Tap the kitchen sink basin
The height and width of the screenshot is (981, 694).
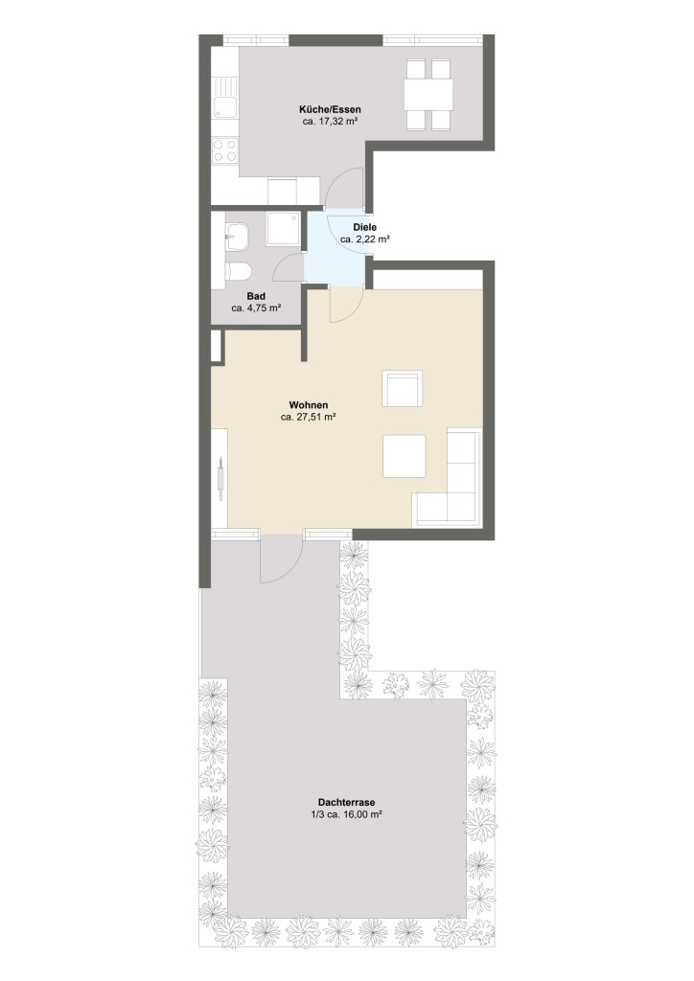(x=226, y=108)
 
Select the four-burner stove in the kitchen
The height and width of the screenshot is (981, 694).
(x=225, y=150)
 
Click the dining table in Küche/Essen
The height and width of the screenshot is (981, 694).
(x=428, y=94)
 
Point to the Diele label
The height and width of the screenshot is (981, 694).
(x=364, y=227)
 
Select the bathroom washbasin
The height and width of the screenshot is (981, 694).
(x=237, y=232)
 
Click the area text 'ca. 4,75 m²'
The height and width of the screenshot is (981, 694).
(x=256, y=308)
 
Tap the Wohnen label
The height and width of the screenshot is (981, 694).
(x=307, y=405)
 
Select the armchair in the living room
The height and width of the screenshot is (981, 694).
(x=402, y=389)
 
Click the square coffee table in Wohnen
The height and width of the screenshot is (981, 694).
(x=405, y=456)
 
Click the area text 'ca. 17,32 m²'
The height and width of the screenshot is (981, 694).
(x=330, y=124)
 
